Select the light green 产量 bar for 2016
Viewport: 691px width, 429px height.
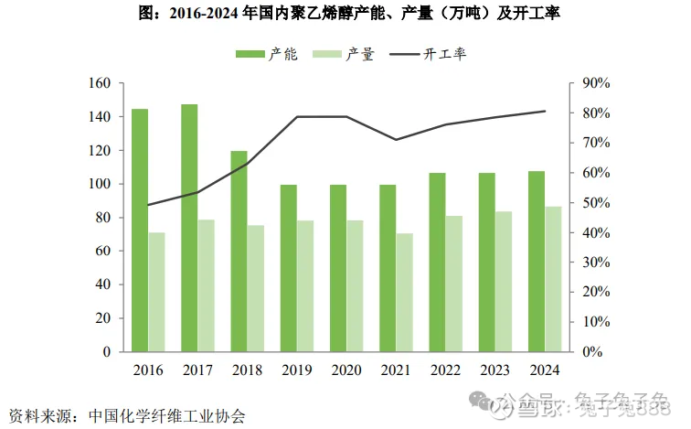(157, 292)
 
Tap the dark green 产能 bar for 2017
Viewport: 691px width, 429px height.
(189, 228)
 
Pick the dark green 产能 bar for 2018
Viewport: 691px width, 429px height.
(239, 252)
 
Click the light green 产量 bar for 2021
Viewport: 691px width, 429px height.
(405, 292)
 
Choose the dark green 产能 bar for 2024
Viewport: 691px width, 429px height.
(537, 262)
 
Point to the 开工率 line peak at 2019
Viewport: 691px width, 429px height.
(298, 117)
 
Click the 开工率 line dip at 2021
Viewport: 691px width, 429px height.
(396, 140)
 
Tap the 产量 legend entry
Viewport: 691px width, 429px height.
(344, 55)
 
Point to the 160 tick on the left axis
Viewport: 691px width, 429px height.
(100, 83)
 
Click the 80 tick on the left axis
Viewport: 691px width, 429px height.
(103, 218)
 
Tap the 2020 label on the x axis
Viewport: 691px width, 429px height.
(346, 370)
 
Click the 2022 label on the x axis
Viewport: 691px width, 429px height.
(446, 370)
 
